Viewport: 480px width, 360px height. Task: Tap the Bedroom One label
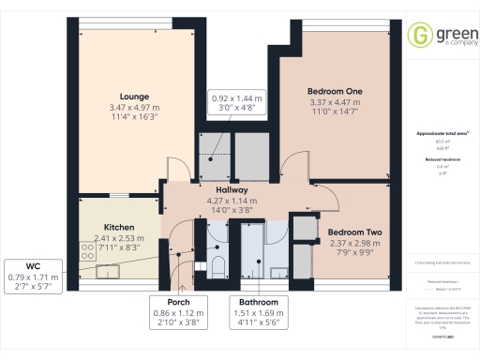[335, 91]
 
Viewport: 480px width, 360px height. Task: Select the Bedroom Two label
[353, 232]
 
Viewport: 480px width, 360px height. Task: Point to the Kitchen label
[119, 228]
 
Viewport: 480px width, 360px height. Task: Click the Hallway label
[231, 188]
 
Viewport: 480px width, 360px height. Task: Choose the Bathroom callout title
[257, 302]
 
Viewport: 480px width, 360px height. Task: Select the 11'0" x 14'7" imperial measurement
[335, 112]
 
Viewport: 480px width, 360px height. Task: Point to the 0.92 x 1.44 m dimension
[235, 98]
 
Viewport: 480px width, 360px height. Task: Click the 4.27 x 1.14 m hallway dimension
[231, 200]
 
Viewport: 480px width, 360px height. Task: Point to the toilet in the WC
[217, 265]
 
